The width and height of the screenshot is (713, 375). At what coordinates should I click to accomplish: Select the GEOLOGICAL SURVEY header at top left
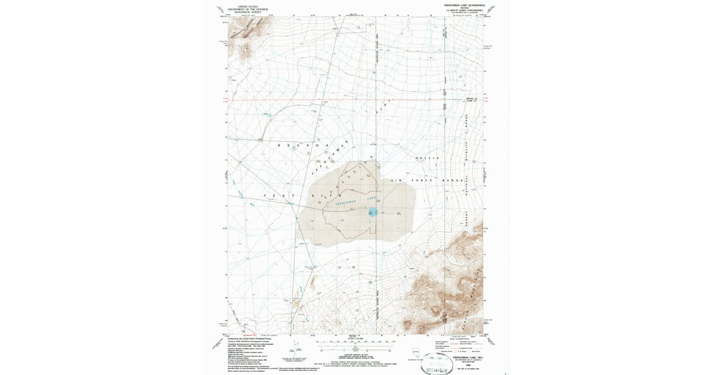tap(252, 12)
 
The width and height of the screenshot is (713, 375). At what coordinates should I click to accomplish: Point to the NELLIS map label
tap(430, 158)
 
